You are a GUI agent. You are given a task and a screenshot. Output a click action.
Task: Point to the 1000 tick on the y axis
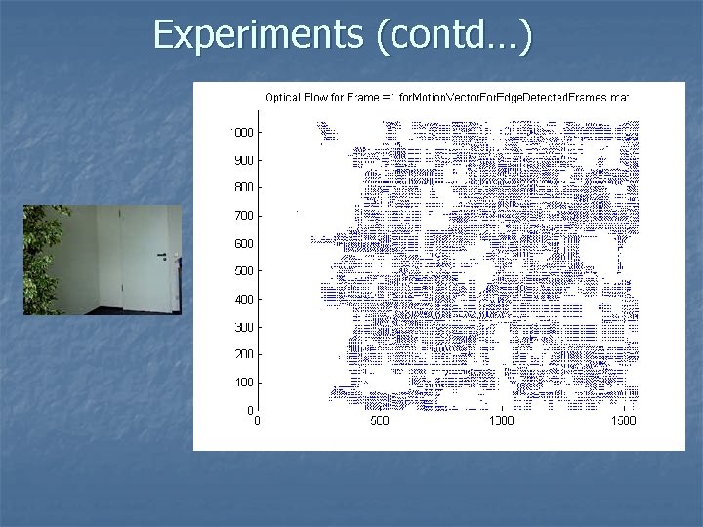tap(242, 132)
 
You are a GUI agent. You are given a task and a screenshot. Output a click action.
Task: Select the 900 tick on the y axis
tap(244, 160)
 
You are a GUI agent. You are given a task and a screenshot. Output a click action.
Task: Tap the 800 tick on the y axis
tap(244, 187)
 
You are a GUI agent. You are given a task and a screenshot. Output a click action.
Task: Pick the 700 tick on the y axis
tap(244, 215)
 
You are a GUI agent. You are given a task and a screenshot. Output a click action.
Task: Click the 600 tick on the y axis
tap(244, 243)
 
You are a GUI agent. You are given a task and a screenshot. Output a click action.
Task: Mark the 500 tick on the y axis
tap(244, 270)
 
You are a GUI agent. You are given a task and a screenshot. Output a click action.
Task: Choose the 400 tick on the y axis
tap(244, 299)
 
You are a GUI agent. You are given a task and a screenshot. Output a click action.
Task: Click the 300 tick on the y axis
tap(244, 326)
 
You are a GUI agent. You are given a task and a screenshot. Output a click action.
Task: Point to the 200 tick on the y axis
tap(244, 354)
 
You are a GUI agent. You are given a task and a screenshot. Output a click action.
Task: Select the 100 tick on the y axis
tap(244, 382)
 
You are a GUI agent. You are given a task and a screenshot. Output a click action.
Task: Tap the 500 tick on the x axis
tap(379, 421)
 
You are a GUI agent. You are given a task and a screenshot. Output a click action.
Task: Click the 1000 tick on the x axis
tap(501, 421)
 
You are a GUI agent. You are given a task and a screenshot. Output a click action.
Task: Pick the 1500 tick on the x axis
tap(623, 421)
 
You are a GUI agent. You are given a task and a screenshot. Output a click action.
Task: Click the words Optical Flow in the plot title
tap(295, 97)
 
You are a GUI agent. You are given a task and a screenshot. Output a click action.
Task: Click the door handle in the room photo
tap(161, 256)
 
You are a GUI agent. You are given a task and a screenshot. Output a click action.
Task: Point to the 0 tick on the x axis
tap(257, 421)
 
